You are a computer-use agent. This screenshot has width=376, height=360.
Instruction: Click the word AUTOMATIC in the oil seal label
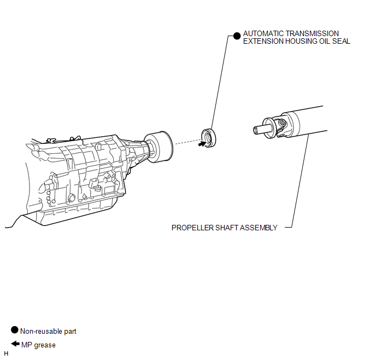263,33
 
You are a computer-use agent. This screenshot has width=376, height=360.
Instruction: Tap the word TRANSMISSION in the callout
312,33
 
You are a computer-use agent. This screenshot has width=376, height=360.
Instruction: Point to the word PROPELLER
192,228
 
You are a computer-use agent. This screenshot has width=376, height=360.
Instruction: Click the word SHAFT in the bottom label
227,228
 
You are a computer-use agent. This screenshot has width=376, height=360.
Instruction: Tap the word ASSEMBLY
258,228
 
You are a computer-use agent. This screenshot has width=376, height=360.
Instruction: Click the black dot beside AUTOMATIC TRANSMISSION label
237,36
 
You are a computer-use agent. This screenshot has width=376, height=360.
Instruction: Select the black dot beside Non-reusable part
15,330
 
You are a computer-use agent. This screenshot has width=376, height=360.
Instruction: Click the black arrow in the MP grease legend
15,344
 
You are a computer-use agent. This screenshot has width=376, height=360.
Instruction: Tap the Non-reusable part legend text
48,331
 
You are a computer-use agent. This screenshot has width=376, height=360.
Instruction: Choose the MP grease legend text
38,345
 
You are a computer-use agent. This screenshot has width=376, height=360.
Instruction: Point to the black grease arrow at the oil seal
202,144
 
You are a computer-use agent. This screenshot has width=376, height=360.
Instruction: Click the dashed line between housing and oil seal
188,142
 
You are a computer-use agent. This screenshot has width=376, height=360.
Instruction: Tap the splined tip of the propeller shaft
258,130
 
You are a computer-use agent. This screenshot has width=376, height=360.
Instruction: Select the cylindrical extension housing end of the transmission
159,147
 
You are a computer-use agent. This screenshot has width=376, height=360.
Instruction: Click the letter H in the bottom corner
6,353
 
